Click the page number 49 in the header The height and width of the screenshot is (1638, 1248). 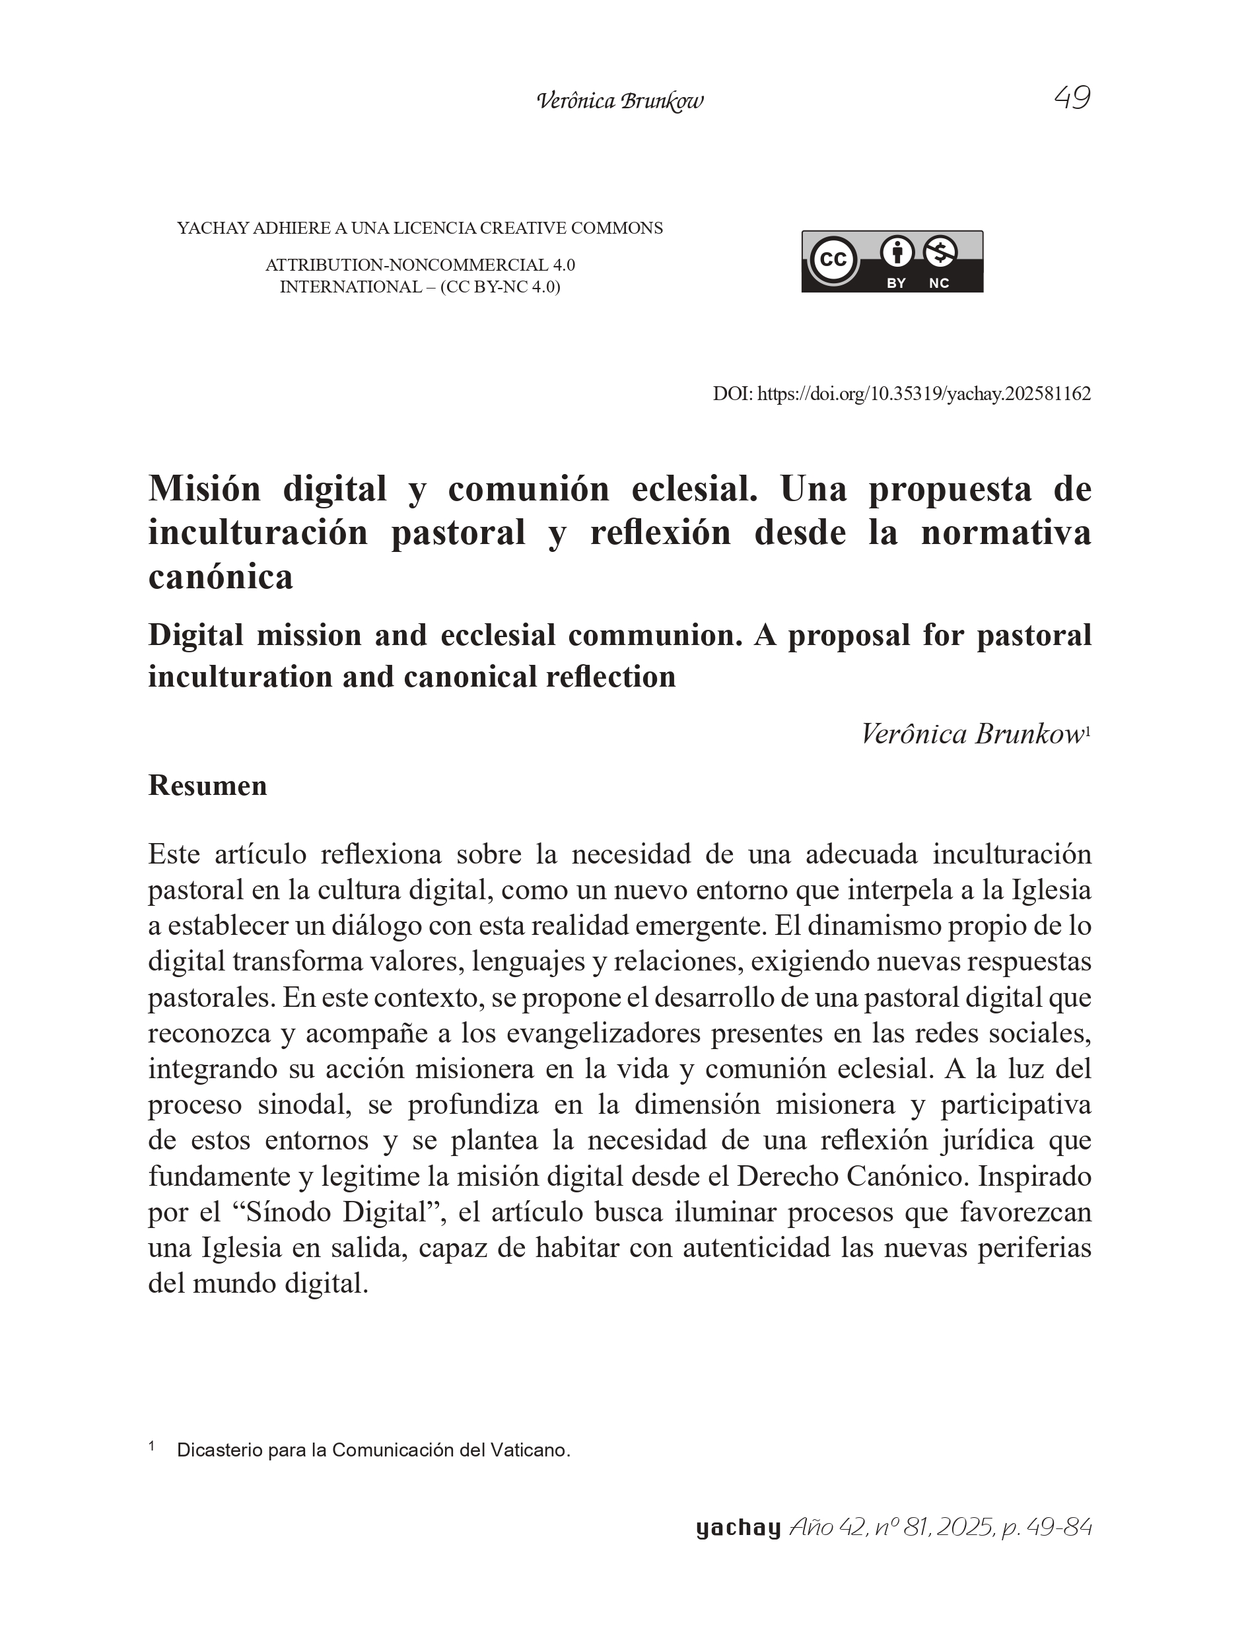tap(1072, 98)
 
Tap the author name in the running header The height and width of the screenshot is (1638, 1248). tap(619, 101)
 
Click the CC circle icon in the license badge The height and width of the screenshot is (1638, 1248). tap(833, 260)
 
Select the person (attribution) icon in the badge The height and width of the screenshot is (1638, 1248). tap(897, 252)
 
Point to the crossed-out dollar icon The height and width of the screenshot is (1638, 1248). tap(940, 252)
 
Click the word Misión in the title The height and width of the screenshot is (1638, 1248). tap(204, 489)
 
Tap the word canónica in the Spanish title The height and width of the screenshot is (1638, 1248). tap(221, 577)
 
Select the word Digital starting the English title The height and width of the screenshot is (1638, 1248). tap(195, 635)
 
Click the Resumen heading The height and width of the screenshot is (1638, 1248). tap(207, 785)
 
